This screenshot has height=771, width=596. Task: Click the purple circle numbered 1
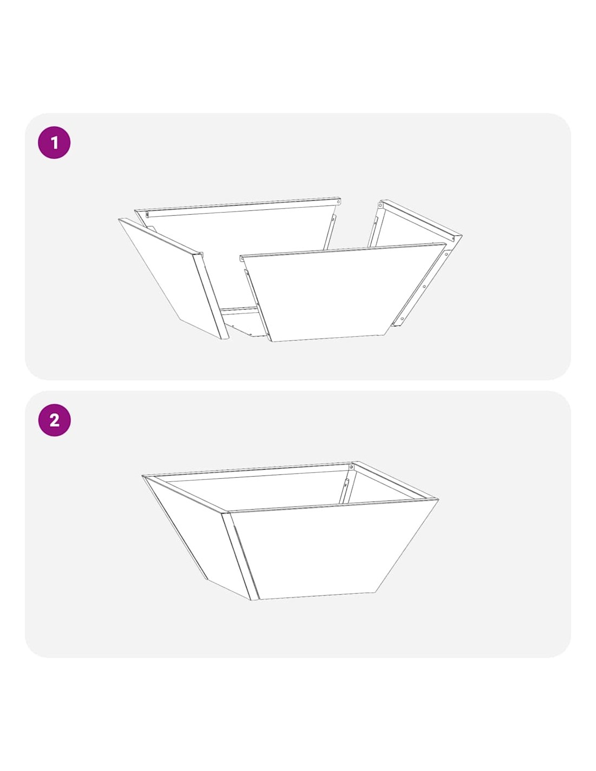point(54,143)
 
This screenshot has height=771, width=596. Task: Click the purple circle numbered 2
point(54,420)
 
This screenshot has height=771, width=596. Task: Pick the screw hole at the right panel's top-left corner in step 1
point(380,205)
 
